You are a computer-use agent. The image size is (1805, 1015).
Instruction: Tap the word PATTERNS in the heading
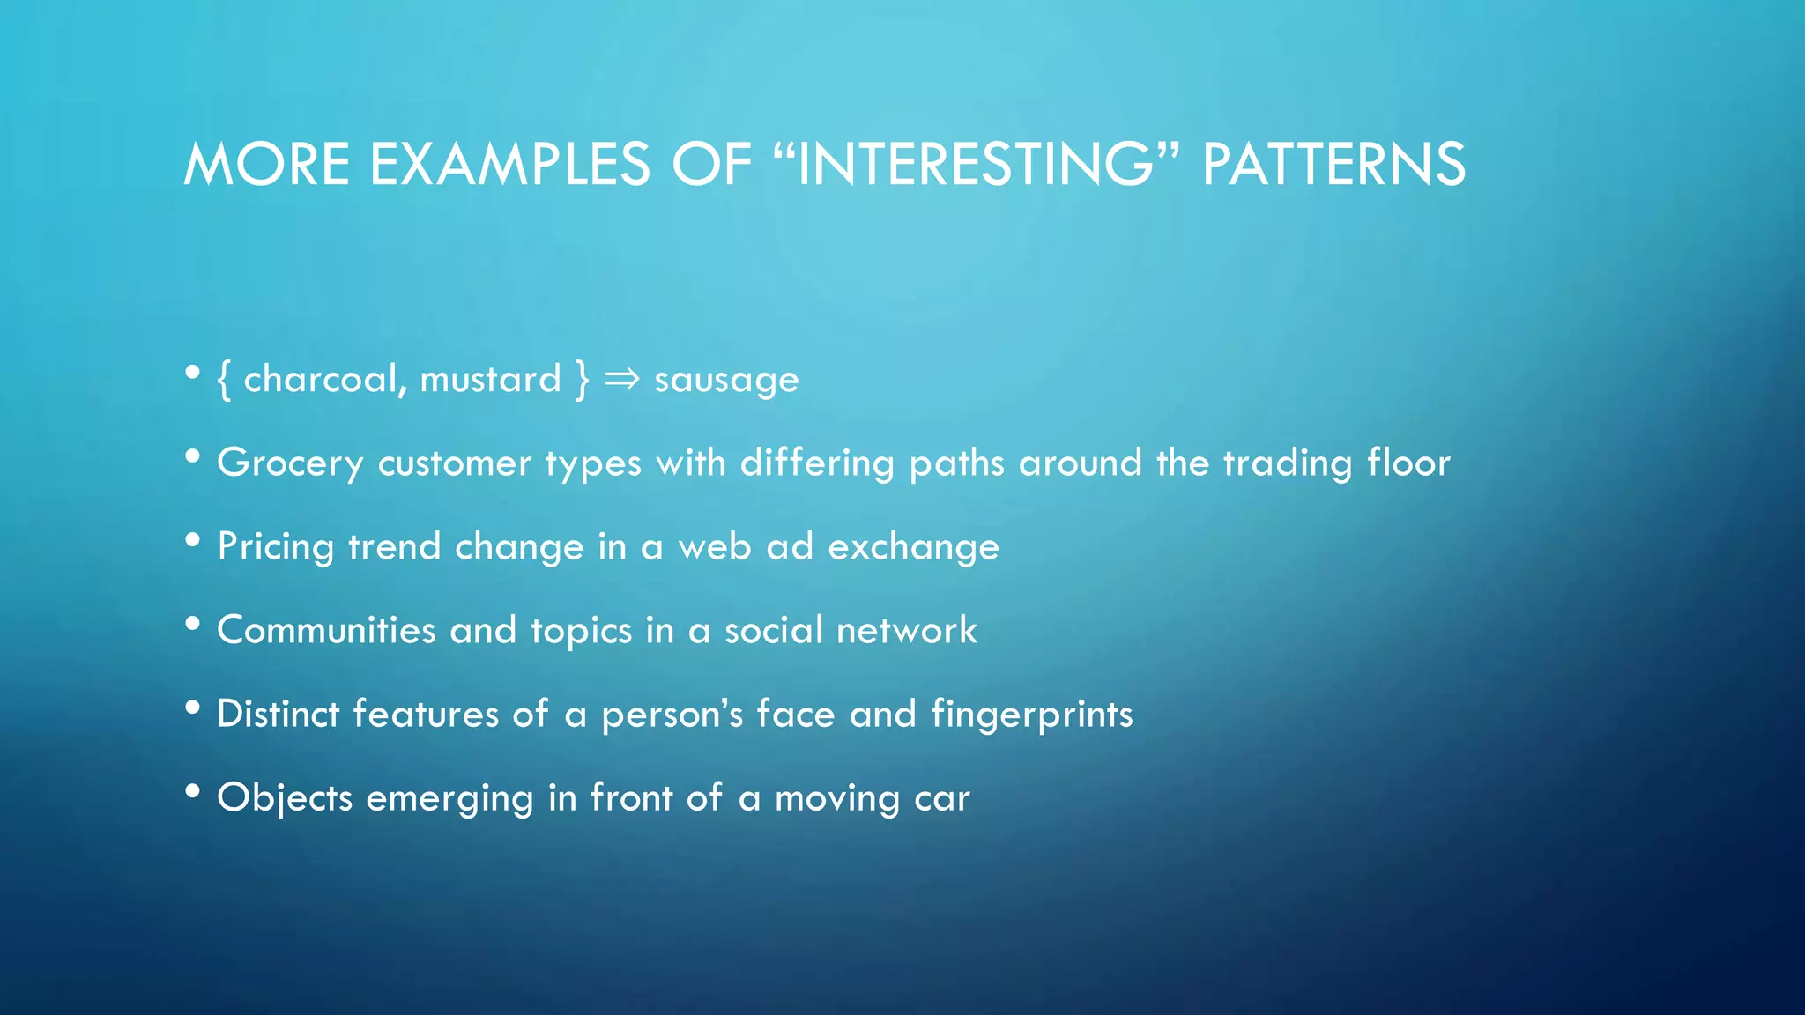click(x=1333, y=165)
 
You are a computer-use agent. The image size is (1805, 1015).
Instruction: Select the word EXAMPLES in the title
click(x=509, y=165)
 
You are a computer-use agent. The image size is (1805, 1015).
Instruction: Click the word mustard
click(x=490, y=380)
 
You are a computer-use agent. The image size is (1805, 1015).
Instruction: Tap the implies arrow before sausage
click(x=621, y=380)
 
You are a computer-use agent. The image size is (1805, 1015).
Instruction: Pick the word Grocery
click(x=290, y=463)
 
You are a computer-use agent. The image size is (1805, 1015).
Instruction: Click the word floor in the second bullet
click(x=1408, y=463)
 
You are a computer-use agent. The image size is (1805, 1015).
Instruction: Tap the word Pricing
click(x=275, y=547)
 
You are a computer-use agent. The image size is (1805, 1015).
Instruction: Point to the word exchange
click(x=913, y=547)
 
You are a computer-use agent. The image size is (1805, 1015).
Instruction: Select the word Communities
click(x=326, y=631)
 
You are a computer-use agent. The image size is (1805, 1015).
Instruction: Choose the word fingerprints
click(x=1031, y=715)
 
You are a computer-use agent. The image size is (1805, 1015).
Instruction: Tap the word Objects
click(x=285, y=798)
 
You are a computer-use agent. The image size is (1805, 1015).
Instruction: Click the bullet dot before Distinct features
click(x=193, y=708)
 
